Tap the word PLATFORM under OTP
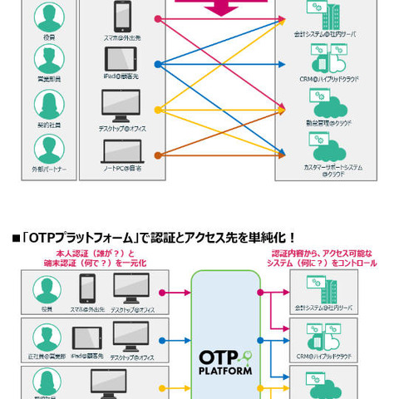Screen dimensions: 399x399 225,372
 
